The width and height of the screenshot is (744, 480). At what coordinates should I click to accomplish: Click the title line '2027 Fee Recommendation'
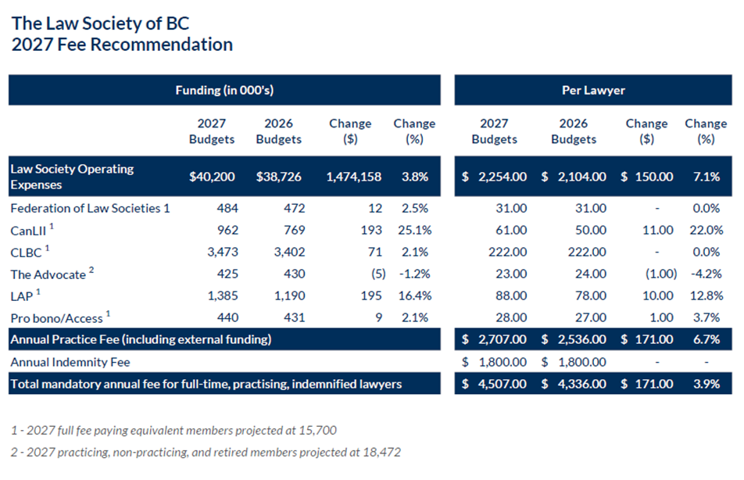point(122,45)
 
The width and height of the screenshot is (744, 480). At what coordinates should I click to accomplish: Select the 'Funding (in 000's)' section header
point(224,90)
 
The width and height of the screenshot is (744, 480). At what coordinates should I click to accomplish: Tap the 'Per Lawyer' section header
point(593,90)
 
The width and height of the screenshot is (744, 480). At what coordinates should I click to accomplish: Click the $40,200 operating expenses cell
point(212,177)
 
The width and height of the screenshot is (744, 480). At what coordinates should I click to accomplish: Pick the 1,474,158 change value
point(353,177)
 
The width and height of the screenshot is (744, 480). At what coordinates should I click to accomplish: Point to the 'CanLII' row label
point(28,231)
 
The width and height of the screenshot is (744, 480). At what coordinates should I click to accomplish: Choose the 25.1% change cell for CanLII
point(415,231)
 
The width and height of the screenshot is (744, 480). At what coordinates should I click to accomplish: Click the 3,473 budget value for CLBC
point(223,252)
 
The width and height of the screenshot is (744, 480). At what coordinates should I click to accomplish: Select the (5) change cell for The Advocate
point(378,274)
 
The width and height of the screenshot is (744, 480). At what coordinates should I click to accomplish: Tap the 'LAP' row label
point(21,296)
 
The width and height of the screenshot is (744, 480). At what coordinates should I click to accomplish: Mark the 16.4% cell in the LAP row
point(415,296)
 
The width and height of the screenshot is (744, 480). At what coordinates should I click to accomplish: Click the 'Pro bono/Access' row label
point(56,318)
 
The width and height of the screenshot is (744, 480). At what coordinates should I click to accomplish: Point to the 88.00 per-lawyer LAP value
point(511,296)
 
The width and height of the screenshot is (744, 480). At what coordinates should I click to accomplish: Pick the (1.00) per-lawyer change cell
point(661,274)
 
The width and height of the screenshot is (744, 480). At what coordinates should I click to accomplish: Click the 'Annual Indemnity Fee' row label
point(70,362)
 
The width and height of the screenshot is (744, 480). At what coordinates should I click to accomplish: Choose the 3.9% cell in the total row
point(706,384)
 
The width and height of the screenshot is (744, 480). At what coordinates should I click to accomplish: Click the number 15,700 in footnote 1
point(317,431)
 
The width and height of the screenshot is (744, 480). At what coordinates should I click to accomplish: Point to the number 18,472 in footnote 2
point(381,452)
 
